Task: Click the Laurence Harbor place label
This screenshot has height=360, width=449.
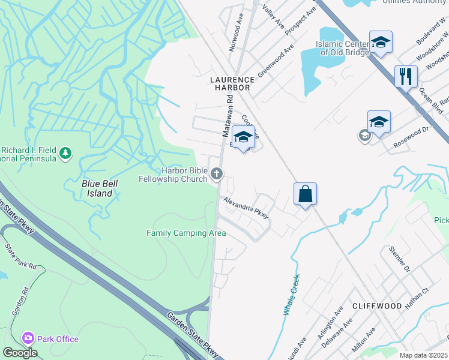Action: click(x=231, y=83)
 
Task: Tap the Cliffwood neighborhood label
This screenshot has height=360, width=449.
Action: click(x=376, y=305)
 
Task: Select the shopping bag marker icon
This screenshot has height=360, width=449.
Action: click(x=305, y=194)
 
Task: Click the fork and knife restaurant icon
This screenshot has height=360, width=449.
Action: click(x=406, y=76)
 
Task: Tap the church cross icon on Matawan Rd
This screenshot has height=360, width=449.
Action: click(x=217, y=174)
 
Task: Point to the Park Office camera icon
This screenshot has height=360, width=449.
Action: click(x=28, y=339)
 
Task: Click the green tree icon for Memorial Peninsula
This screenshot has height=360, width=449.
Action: click(x=65, y=154)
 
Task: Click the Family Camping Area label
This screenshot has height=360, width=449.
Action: click(x=187, y=233)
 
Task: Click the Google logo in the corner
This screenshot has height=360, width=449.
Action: click(x=20, y=352)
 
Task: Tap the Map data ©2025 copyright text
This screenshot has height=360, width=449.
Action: click(x=424, y=355)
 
